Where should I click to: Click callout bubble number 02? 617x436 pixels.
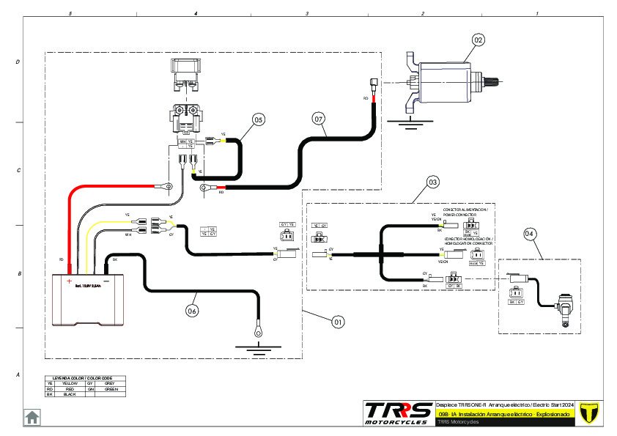[x=478, y=40]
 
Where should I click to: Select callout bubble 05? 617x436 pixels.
[x=258, y=119]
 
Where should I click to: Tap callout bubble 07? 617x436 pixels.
[x=318, y=118]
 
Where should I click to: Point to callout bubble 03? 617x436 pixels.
[x=433, y=180]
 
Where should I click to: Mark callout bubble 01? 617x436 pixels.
[x=338, y=321]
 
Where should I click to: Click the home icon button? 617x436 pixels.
[x=32, y=417]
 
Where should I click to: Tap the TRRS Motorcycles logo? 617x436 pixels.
[x=398, y=412]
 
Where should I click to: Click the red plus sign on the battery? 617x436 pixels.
[x=70, y=281]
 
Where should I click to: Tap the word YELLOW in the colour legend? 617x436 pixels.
[x=70, y=383]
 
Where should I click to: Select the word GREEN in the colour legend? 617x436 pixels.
[x=111, y=388]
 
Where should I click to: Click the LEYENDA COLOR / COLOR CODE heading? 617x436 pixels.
[x=84, y=378]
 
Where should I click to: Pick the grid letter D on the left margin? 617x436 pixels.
[x=18, y=62]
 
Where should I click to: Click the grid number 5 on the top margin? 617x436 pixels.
[x=70, y=14]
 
